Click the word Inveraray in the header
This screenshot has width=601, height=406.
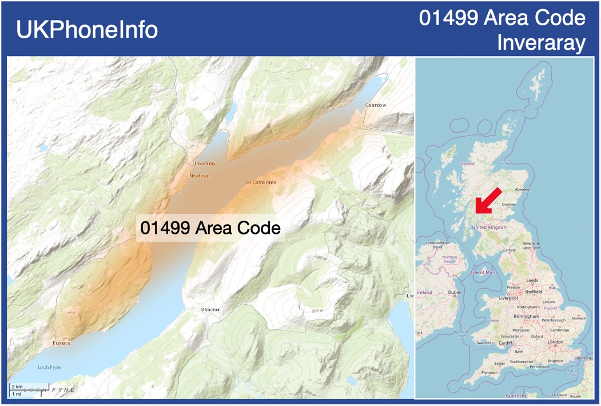click(x=541, y=42)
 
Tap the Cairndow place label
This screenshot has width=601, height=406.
click(x=376, y=105)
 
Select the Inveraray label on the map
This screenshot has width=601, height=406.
click(x=204, y=164)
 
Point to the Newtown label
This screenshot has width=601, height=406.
click(x=199, y=176)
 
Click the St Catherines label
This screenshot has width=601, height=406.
click(x=261, y=182)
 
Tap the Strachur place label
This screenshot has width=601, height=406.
click(x=210, y=309)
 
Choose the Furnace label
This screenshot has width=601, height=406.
click(x=62, y=343)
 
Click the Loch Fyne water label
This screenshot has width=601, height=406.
click(x=49, y=367)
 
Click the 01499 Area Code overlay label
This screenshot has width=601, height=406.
click(x=210, y=228)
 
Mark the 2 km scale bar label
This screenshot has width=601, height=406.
click(x=17, y=387)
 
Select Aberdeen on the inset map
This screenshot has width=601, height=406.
click(x=523, y=189)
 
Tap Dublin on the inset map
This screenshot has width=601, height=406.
click(x=455, y=292)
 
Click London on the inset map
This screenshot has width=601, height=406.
click(x=555, y=342)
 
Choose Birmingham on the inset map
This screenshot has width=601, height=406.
click(x=526, y=316)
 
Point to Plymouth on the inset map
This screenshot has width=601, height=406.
click(x=489, y=372)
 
